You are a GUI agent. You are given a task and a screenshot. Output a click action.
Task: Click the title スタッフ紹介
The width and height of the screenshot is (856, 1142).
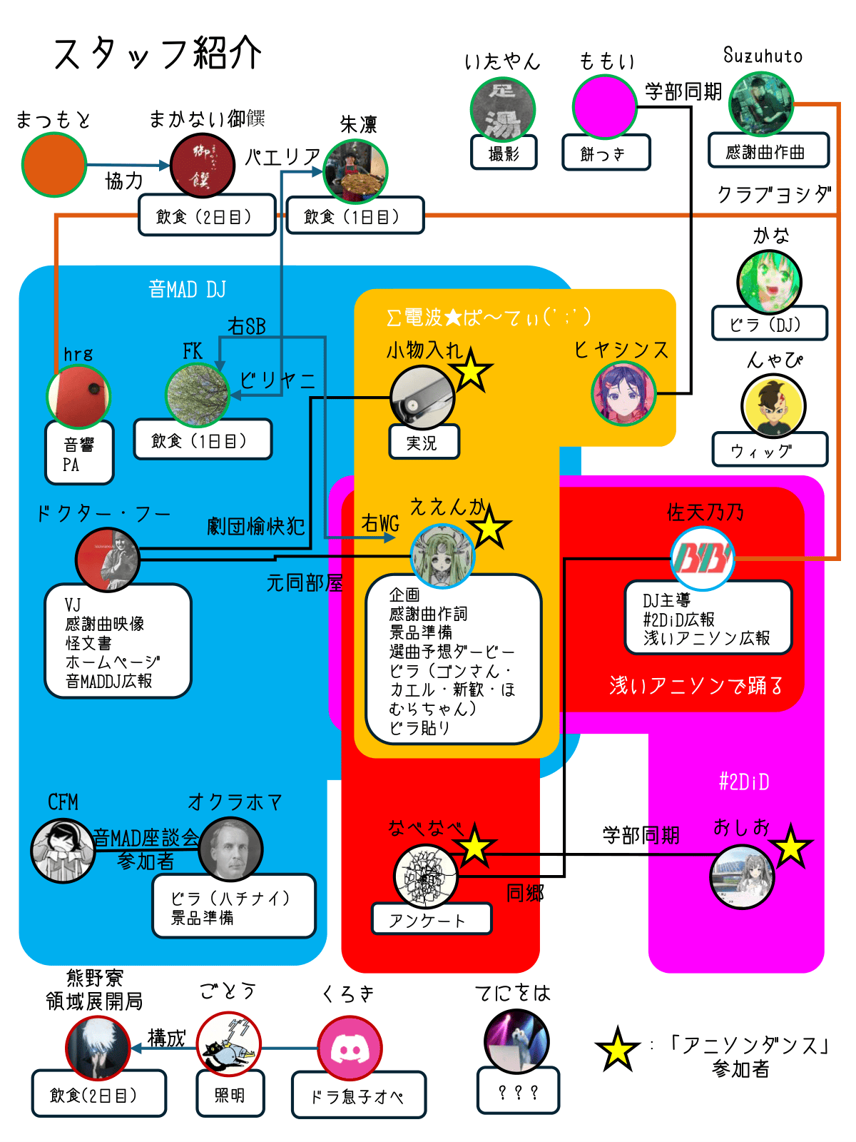(x=158, y=54)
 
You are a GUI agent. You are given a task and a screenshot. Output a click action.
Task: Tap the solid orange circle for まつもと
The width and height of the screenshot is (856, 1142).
(x=54, y=164)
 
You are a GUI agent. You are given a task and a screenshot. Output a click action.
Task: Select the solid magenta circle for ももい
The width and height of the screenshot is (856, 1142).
(x=604, y=106)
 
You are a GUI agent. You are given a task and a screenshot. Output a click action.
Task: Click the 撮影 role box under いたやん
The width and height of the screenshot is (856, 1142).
(x=504, y=153)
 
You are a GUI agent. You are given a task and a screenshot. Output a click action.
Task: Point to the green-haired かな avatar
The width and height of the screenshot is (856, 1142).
(x=769, y=283)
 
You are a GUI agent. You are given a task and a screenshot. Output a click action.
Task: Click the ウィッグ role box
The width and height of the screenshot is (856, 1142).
(x=770, y=450)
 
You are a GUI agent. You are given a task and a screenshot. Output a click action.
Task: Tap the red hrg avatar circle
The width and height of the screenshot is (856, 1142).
(x=78, y=396)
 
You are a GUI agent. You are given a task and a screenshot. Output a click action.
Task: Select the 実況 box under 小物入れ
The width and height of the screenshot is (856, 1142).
(x=424, y=443)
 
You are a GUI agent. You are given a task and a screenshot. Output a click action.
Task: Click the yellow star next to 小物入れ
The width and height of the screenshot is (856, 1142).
(x=471, y=372)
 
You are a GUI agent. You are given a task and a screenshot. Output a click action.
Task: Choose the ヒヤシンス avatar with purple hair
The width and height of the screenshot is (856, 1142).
(x=623, y=393)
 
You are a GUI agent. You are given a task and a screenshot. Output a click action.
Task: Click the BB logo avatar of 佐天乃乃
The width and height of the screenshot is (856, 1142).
(x=703, y=559)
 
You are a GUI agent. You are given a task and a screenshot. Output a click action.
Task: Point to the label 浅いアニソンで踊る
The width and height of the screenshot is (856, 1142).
(x=696, y=685)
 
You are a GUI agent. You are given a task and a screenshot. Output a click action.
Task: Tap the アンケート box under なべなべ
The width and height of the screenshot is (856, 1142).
(x=431, y=919)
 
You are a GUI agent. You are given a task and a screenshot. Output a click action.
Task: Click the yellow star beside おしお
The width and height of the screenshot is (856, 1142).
(x=790, y=848)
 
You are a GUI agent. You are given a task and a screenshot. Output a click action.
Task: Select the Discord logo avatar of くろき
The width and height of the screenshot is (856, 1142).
(x=350, y=1048)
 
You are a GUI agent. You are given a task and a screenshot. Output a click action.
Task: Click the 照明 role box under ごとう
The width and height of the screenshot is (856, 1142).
(x=230, y=1094)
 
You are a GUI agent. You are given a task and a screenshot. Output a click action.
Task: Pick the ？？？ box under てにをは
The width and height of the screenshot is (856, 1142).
(x=518, y=1091)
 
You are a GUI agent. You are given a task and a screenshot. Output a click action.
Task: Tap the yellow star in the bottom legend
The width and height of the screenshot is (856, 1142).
(x=617, y=1050)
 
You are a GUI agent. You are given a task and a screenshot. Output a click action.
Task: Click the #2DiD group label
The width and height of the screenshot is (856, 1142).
(x=744, y=782)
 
